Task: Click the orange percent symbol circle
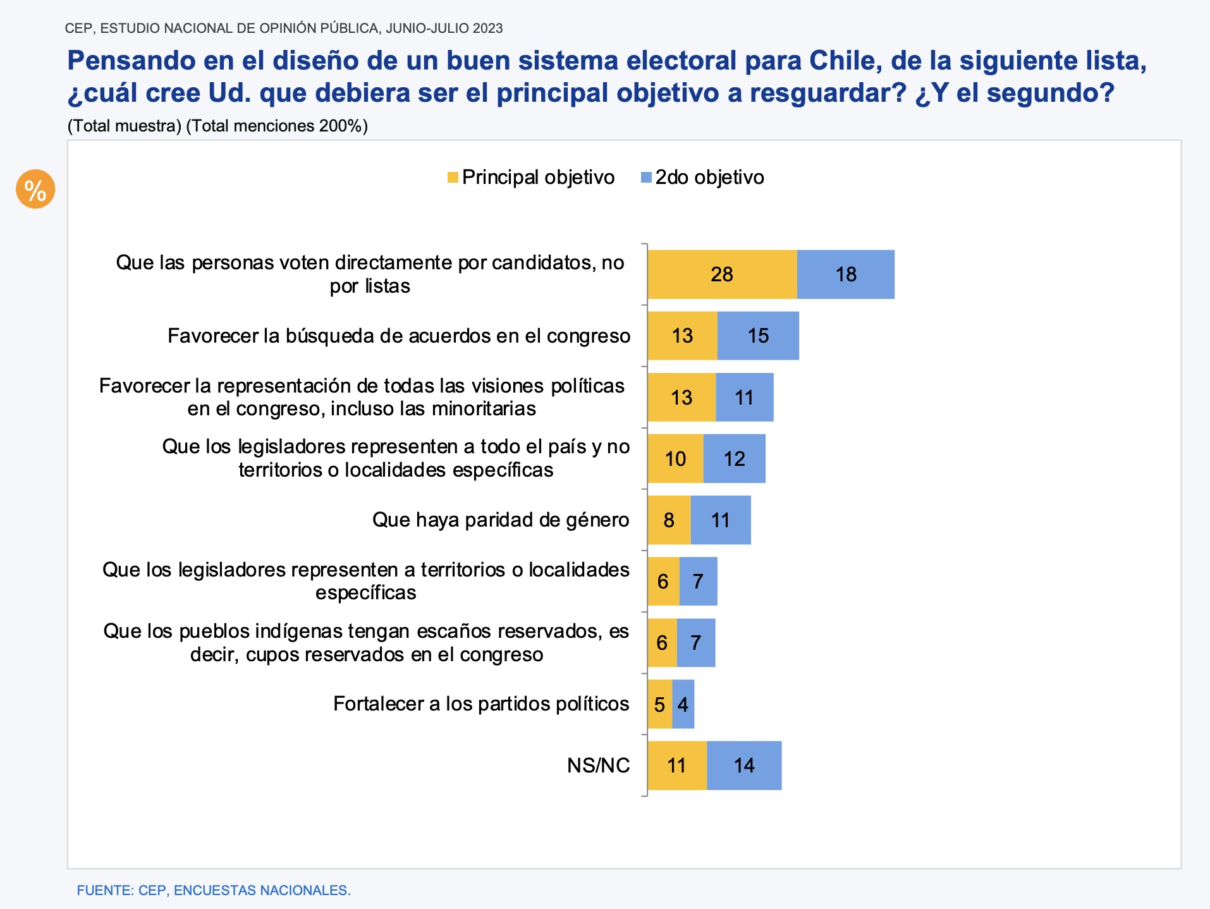click(35, 189)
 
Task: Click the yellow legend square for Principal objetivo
click(453, 178)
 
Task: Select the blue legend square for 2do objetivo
click(646, 178)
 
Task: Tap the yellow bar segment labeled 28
click(722, 274)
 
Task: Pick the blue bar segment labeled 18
click(846, 274)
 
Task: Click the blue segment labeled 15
click(758, 336)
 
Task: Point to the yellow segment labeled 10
click(675, 459)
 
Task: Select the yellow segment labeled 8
click(669, 520)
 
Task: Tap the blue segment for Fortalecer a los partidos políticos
click(683, 704)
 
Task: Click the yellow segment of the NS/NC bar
click(676, 766)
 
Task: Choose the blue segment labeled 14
click(744, 766)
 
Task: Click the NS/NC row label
click(598, 766)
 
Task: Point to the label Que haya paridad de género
click(500, 520)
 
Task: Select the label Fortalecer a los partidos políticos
click(480, 704)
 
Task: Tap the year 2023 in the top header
click(487, 28)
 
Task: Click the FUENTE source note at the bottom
click(213, 890)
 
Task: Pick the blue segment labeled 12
click(734, 459)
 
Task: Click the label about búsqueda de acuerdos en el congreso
click(398, 336)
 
